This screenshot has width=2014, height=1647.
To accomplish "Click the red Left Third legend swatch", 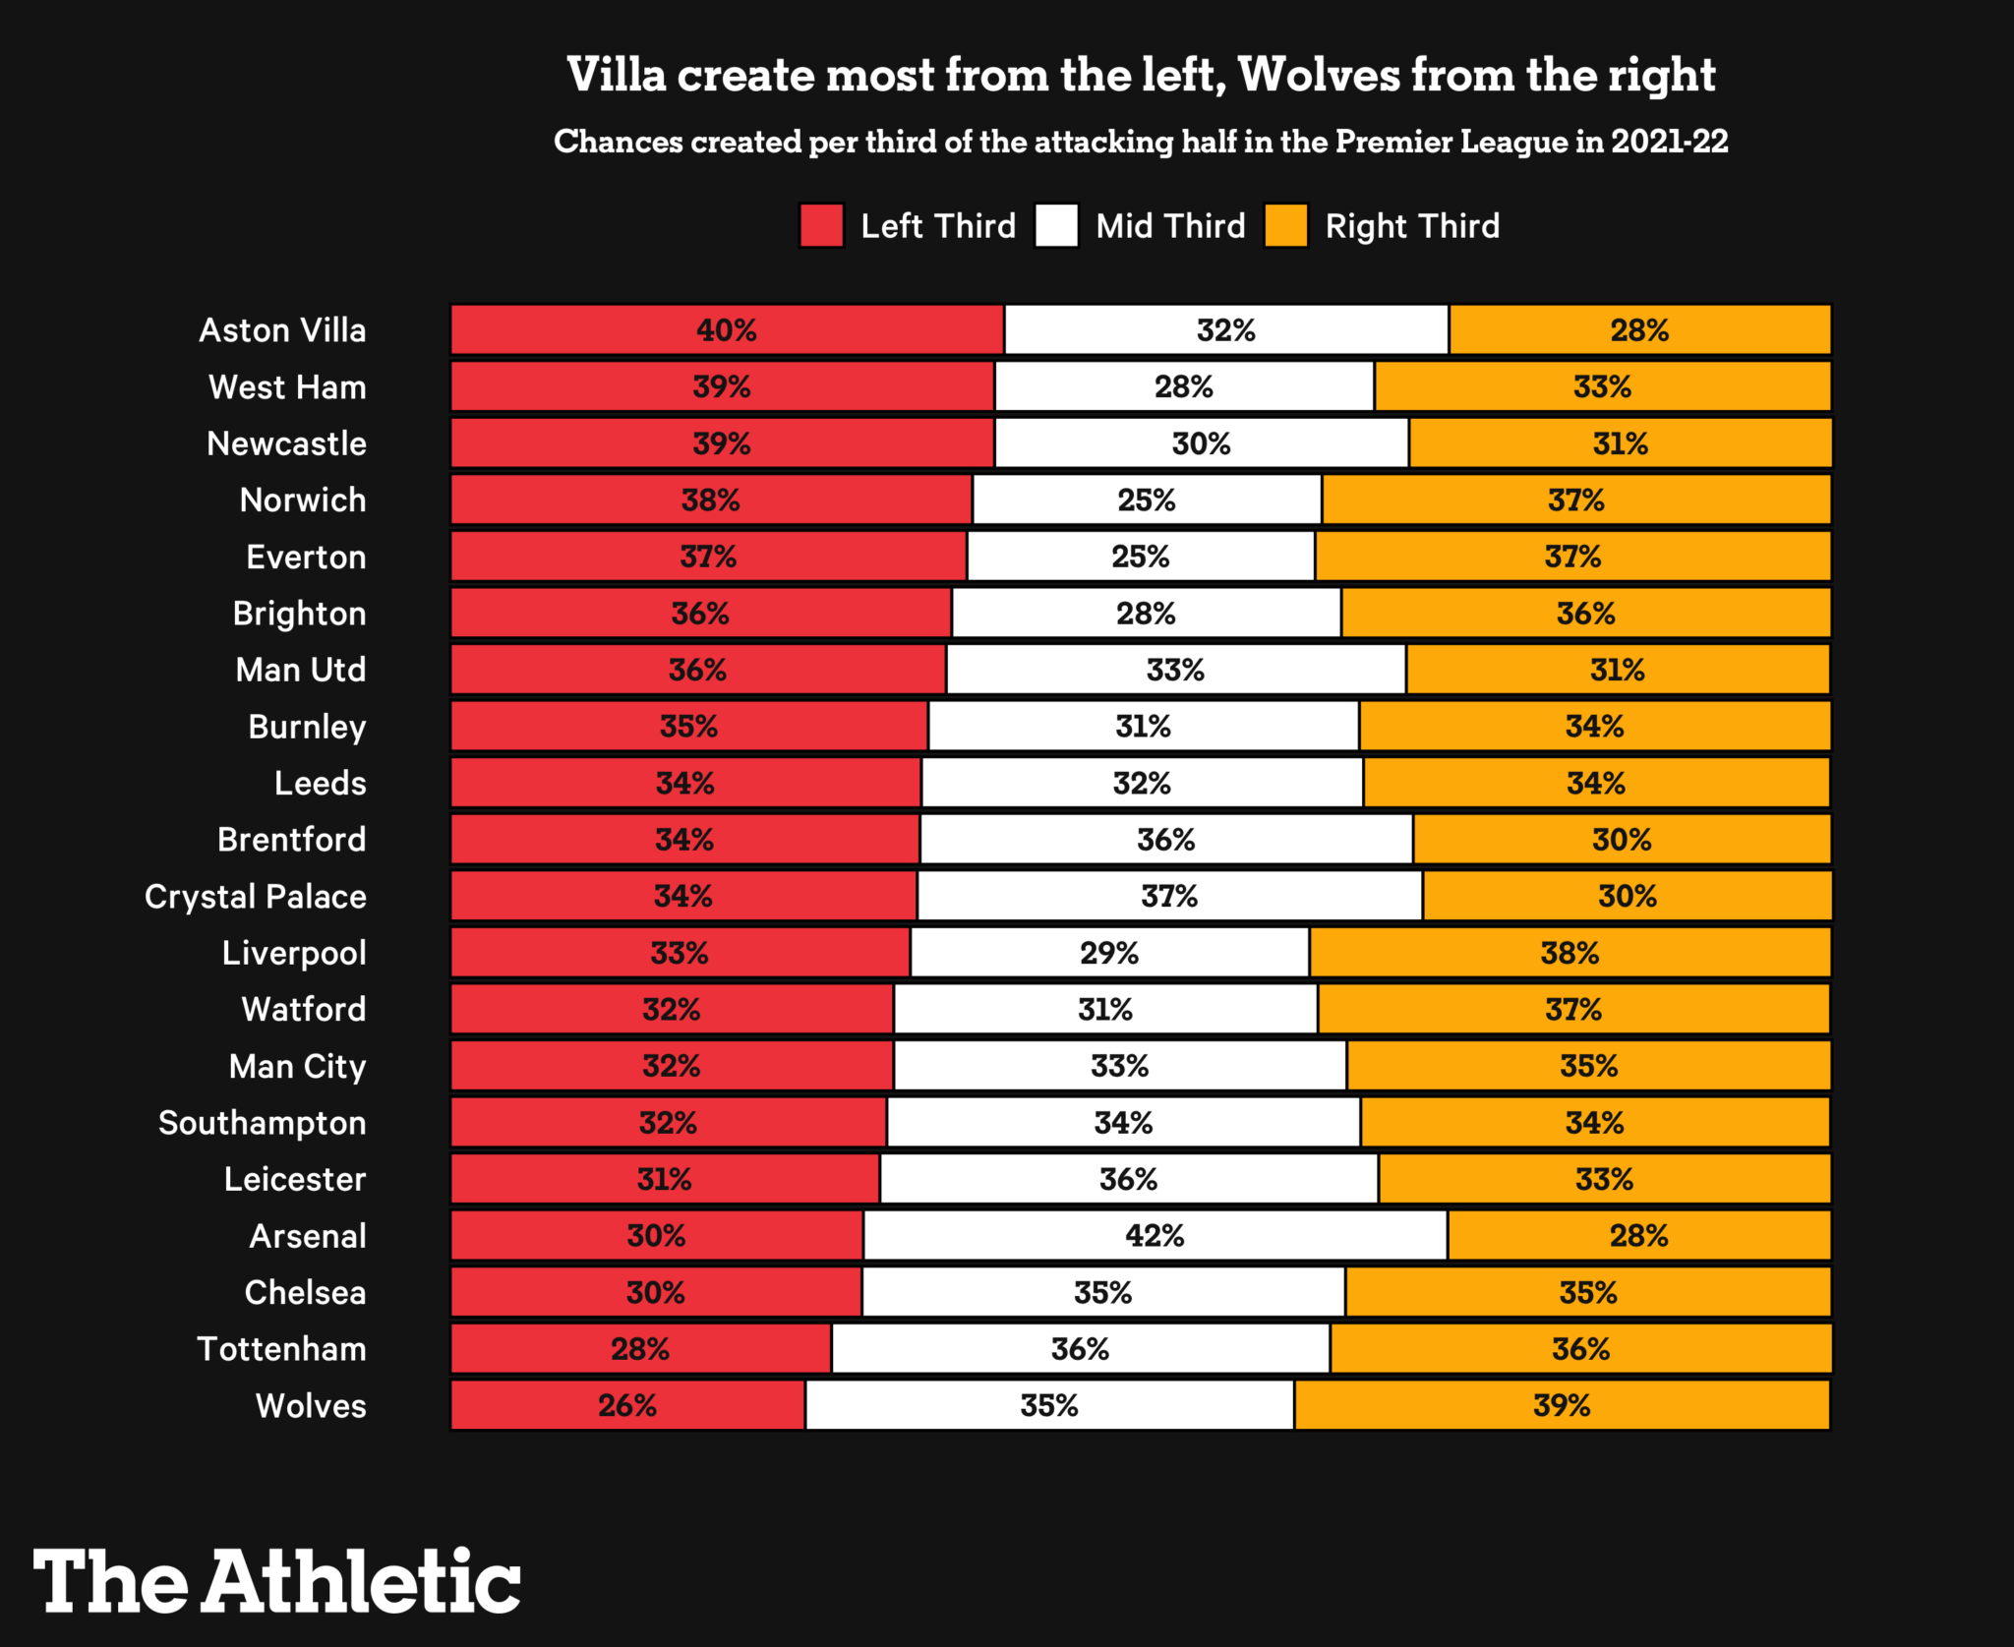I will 821,226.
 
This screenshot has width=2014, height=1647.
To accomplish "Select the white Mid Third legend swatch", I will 1057,226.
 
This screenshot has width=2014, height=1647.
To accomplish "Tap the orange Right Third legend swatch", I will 1286,226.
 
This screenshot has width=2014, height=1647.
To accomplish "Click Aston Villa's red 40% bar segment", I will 727,330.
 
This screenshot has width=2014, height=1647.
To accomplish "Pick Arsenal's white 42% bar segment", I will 1155,1236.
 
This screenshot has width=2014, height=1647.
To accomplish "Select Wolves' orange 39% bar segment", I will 1562,1406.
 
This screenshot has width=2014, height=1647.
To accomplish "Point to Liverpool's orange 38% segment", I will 1570,953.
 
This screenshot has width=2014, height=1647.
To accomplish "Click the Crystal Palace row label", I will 256,897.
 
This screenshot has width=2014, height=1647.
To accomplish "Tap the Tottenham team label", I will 281,1349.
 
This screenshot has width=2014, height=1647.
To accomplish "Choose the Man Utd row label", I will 301,671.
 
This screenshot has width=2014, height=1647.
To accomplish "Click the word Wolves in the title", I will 1318,76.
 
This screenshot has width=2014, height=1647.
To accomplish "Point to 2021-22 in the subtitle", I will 1669,142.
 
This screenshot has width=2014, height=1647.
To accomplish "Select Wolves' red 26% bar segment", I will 627,1406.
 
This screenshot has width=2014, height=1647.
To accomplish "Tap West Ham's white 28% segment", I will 1184,387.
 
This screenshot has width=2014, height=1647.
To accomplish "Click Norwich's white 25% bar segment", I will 1147,500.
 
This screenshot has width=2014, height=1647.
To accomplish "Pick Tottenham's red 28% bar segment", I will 640,1349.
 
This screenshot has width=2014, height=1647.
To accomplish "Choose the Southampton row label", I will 262,1123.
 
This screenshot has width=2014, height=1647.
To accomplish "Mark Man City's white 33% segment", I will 1119,1067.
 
